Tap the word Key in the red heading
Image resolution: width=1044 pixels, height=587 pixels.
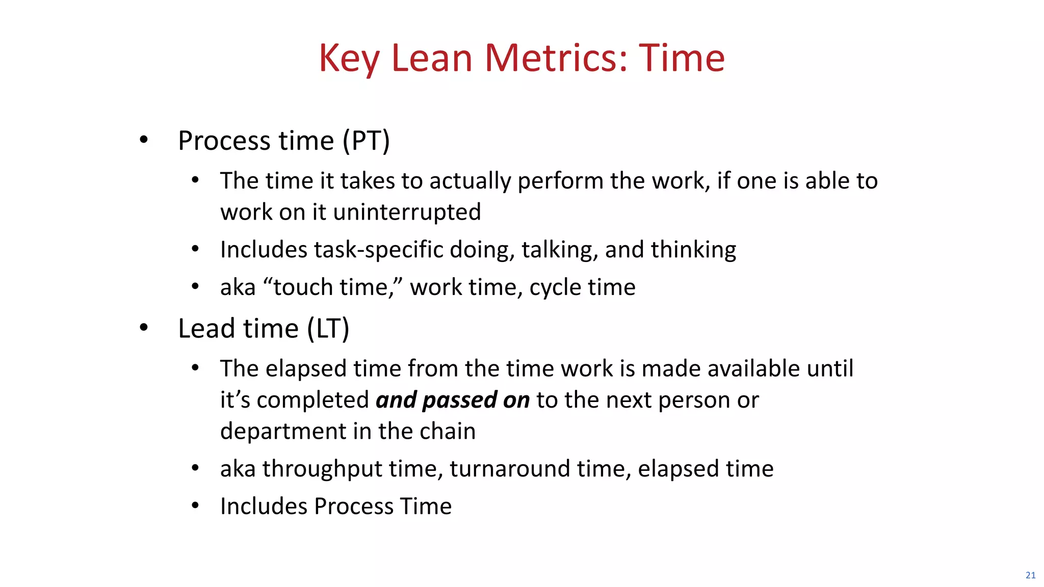pyautogui.click(x=349, y=59)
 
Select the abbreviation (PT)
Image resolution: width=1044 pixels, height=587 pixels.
pyautogui.click(x=366, y=141)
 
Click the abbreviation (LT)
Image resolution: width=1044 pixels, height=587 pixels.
pyautogui.click(x=328, y=328)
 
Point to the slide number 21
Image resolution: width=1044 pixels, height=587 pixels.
pyautogui.click(x=1030, y=575)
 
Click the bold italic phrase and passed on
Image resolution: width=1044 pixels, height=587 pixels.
pyautogui.click(x=453, y=399)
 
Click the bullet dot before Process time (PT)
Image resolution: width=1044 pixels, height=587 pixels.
pyautogui.click(x=144, y=139)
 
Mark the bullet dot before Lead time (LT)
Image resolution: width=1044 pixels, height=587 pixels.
pyautogui.click(x=144, y=327)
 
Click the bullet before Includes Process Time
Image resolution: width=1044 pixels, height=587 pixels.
pyautogui.click(x=195, y=505)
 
